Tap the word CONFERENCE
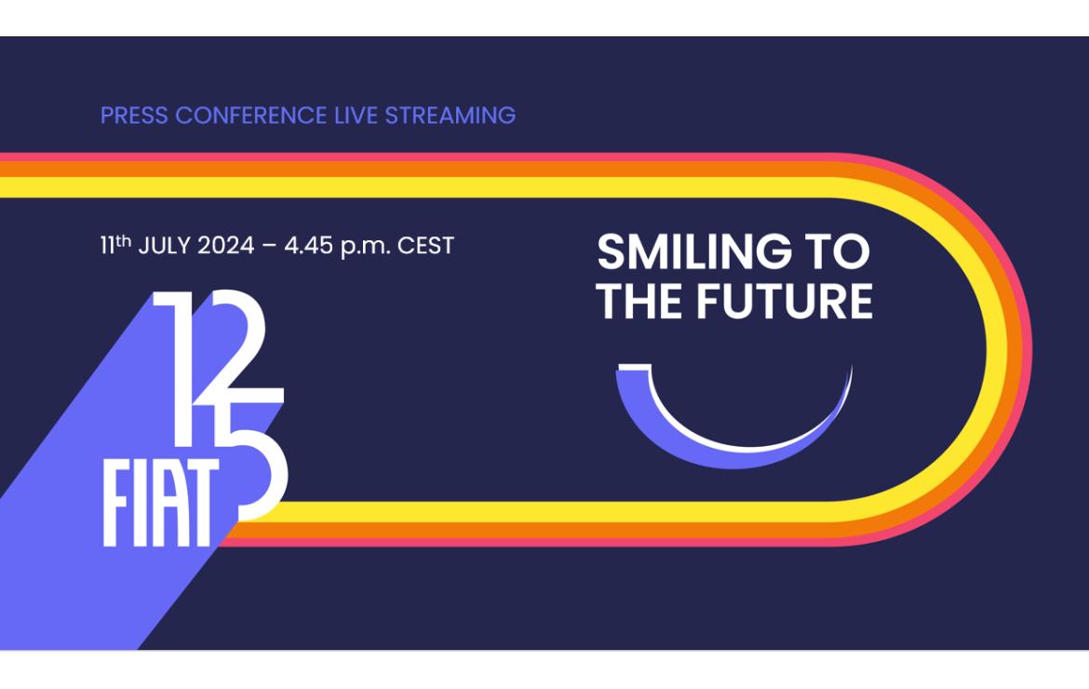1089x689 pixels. point(250,115)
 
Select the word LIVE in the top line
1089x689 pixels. point(356,115)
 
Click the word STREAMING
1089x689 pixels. point(450,115)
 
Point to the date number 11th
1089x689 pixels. point(115,245)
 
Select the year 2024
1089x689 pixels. point(226,245)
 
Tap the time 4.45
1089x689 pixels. point(308,245)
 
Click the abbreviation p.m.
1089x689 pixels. point(365,247)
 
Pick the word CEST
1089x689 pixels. point(425,245)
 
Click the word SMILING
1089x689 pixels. point(693,251)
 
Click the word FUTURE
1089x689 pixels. point(784,301)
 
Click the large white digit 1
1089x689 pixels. point(177,368)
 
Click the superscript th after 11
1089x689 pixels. point(123,240)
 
